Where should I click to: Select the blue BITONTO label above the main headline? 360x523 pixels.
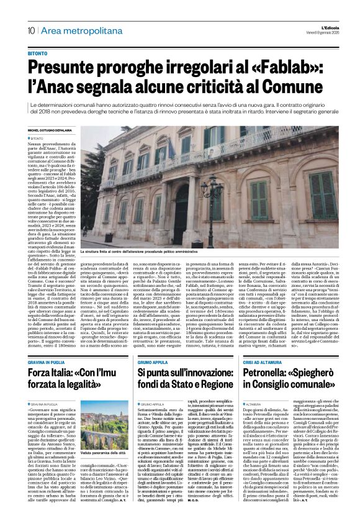pyautogui.click(x=37, y=54)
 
